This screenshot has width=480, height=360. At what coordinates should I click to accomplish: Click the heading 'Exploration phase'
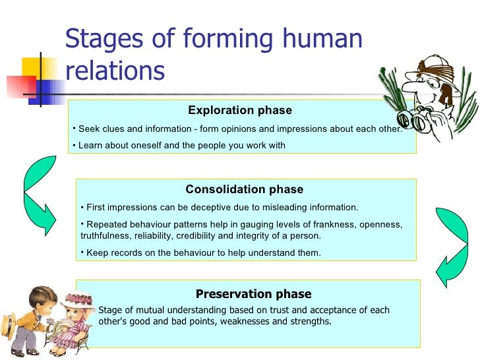tap(240, 111)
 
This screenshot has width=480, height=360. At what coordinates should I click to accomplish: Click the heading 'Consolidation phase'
tap(244, 190)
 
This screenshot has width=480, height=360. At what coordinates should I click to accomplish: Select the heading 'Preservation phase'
tap(253, 294)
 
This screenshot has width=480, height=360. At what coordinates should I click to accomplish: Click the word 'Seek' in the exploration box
tap(89, 129)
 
